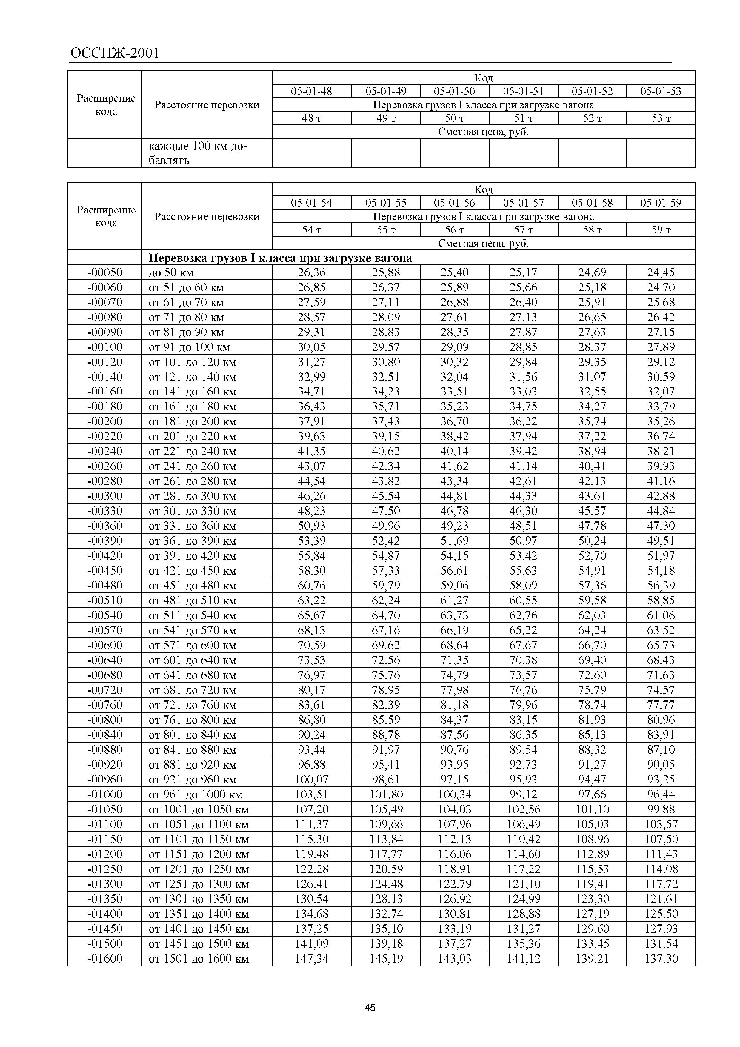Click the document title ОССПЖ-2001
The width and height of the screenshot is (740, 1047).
click(115, 53)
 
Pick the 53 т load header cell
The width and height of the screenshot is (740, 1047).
click(661, 118)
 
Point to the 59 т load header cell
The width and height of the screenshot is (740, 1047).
click(661, 230)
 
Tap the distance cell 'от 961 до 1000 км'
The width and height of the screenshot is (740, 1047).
click(196, 795)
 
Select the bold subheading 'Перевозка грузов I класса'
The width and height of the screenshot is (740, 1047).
click(280, 258)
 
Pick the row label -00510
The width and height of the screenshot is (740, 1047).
click(105, 600)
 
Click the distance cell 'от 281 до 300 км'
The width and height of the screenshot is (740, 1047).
click(193, 496)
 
